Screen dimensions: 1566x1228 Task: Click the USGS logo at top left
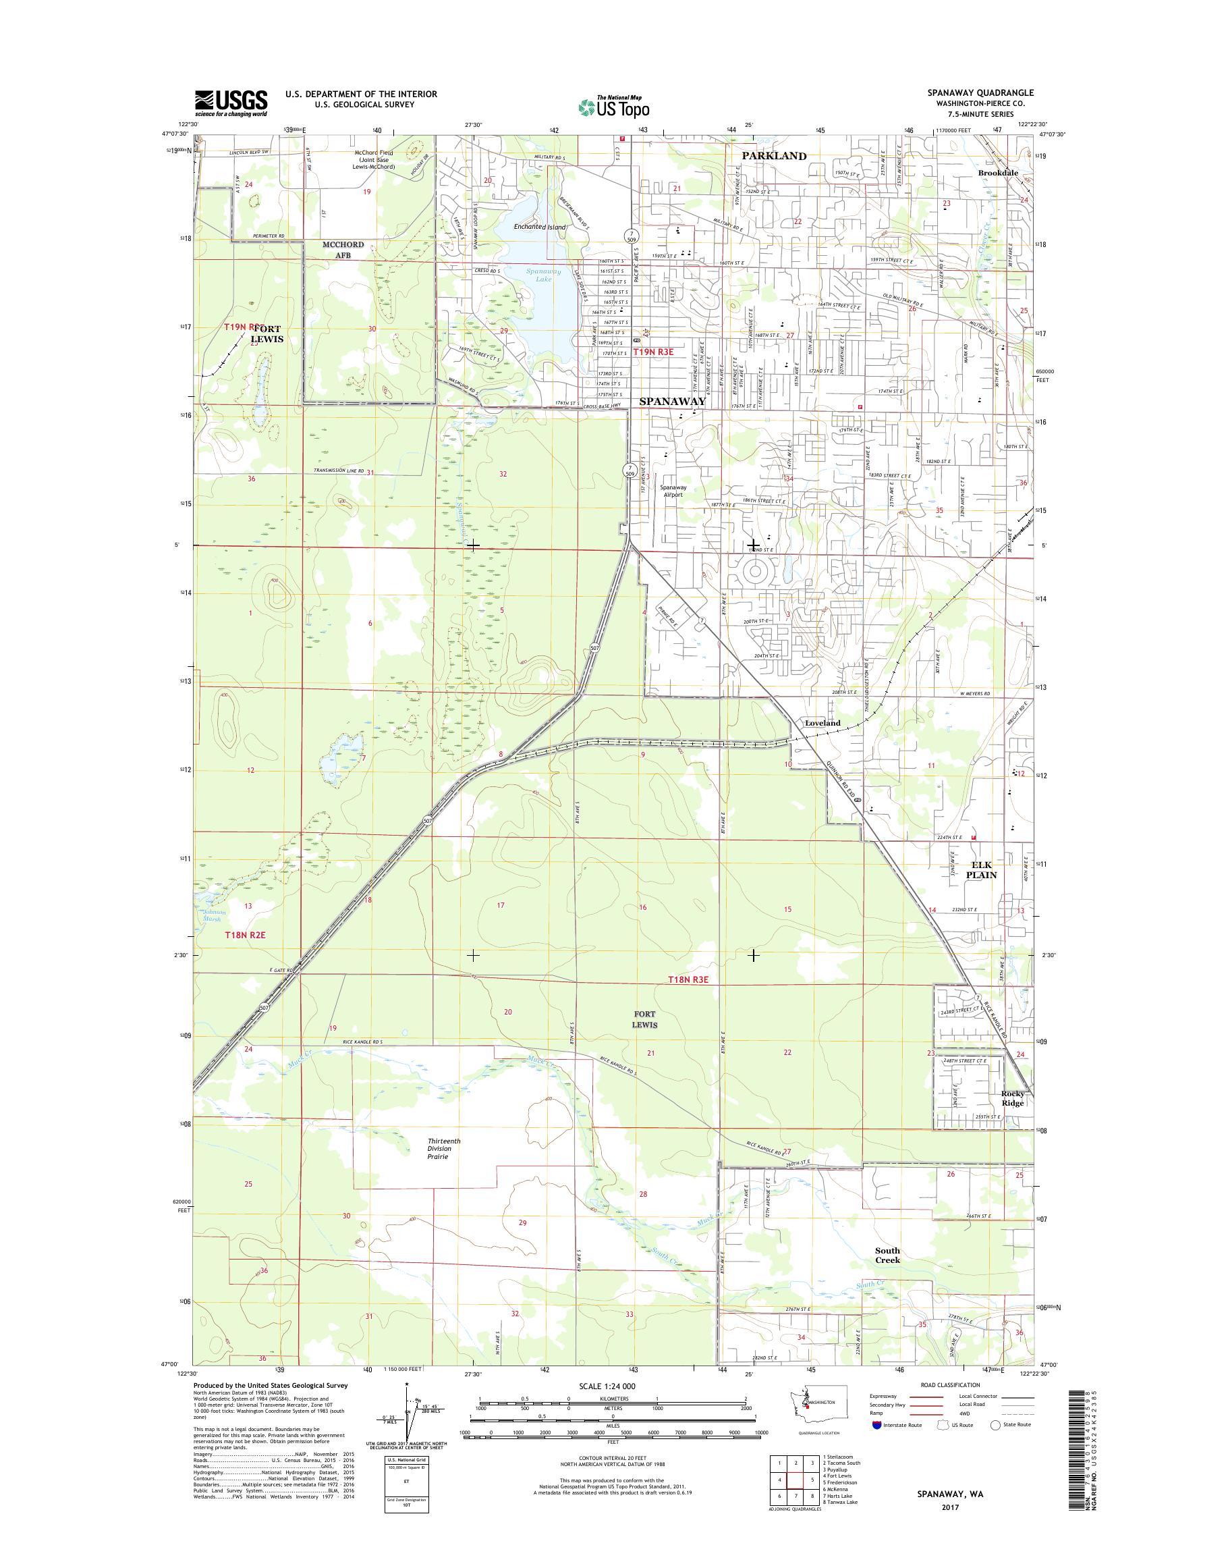231,103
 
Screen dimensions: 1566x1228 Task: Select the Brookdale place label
996,173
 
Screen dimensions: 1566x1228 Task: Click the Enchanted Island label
539,227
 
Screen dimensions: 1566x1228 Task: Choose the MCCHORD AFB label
343,250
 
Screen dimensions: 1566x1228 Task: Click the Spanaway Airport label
673,491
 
